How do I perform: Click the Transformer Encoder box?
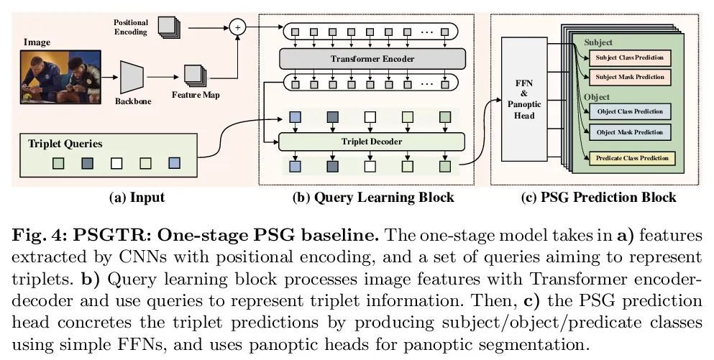pyautogui.click(x=372, y=58)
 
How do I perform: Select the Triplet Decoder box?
pyautogui.click(x=372, y=141)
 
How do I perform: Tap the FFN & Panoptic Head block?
pyautogui.click(x=524, y=100)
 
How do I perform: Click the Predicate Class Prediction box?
pyautogui.click(x=632, y=157)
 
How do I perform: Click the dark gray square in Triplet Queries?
pyautogui.click(x=87, y=163)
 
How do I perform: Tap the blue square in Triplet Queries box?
pyautogui.click(x=174, y=163)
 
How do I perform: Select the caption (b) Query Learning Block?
pyautogui.click(x=374, y=197)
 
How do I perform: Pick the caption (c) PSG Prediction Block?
pyautogui.click(x=598, y=197)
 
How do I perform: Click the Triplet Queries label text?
pyautogui.click(x=65, y=143)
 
